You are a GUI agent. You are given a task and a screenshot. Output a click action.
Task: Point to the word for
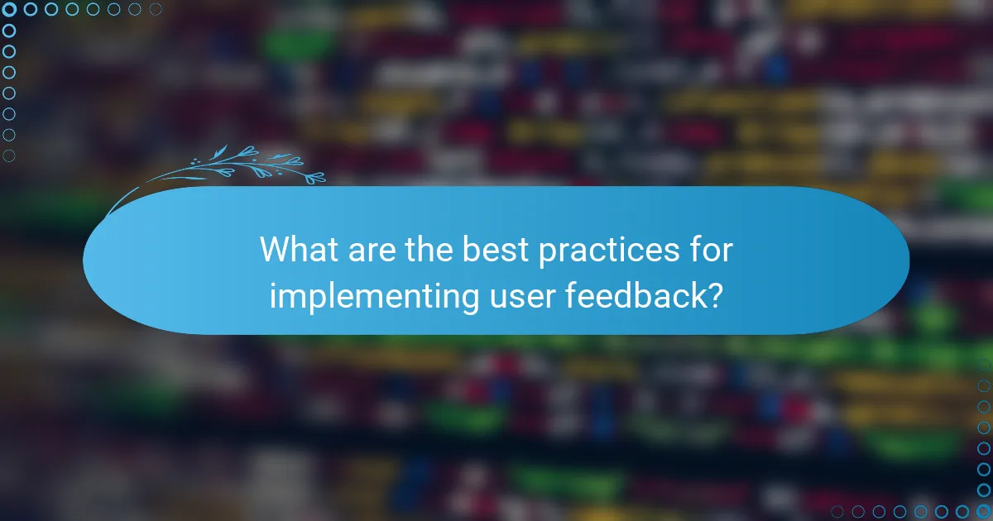711,249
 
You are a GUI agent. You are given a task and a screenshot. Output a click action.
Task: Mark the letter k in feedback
693,295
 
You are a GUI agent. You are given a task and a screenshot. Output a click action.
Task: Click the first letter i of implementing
273,295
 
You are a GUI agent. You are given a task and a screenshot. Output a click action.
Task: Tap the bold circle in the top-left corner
9,9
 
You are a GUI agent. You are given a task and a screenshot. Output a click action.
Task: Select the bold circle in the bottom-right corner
984,512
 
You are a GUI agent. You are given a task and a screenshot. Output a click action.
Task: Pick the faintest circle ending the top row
156,9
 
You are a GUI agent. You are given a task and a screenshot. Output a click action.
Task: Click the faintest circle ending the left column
9,155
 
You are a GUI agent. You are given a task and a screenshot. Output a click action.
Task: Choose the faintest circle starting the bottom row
837,512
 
